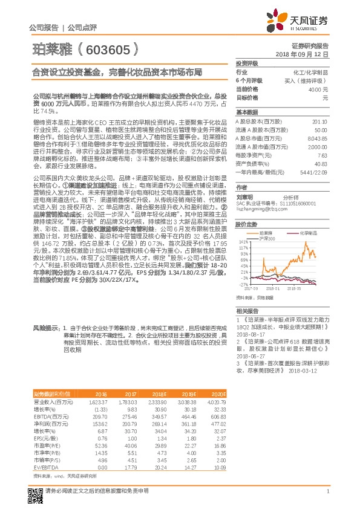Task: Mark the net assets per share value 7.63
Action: pyautogui.click(x=322, y=155)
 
